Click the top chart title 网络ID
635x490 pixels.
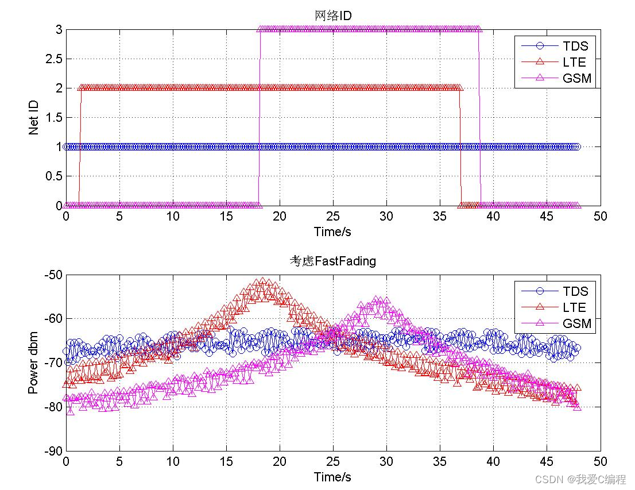333,16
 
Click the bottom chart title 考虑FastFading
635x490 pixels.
333,261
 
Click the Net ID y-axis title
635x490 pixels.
34,117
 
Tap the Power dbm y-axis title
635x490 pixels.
34,362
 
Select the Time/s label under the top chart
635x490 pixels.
332,232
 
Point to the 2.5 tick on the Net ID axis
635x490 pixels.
53,59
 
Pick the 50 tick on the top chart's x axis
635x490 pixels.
601,216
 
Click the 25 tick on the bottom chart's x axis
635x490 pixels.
333,461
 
